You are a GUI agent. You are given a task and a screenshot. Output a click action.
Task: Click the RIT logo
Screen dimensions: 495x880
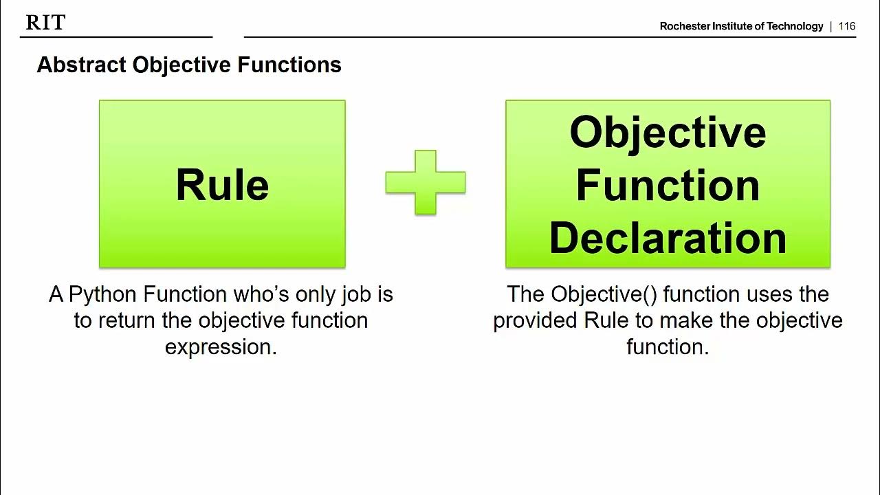[x=45, y=23]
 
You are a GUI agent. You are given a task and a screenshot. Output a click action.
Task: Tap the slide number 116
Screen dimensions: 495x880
[x=847, y=26]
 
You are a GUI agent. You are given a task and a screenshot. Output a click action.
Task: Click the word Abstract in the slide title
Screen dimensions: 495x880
[x=82, y=65]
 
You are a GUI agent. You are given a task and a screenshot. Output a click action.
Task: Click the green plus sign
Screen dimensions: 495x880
[x=426, y=183]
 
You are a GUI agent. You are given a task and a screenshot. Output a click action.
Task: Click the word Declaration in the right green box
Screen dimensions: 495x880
[x=668, y=238]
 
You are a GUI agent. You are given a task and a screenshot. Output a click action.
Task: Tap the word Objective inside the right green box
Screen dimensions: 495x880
[x=668, y=132]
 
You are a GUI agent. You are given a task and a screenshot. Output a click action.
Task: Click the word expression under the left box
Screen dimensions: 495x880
[x=221, y=347]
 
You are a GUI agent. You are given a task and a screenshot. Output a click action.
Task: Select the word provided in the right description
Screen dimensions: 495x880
[x=536, y=321]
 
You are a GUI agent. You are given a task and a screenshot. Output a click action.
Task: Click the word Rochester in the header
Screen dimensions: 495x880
[x=685, y=26]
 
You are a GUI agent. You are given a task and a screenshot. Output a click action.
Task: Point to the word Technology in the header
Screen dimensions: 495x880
[x=795, y=26]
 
